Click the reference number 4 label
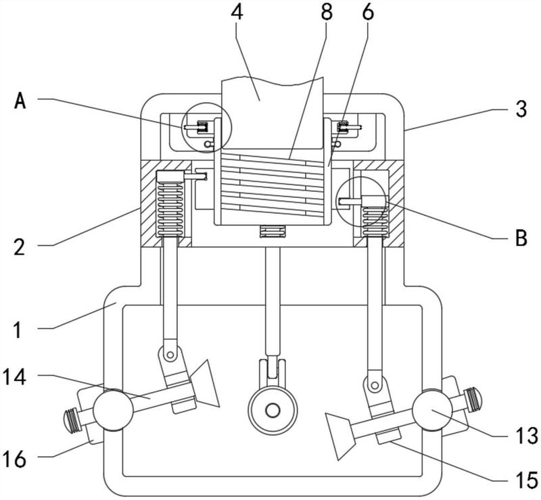(237, 12)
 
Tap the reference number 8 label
(326, 12)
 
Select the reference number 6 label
(368, 12)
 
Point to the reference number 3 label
(521, 109)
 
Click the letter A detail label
(20, 101)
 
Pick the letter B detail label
(521, 238)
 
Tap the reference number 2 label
(20, 247)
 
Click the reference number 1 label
(18, 330)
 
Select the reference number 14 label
(14, 377)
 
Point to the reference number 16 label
(14, 459)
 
